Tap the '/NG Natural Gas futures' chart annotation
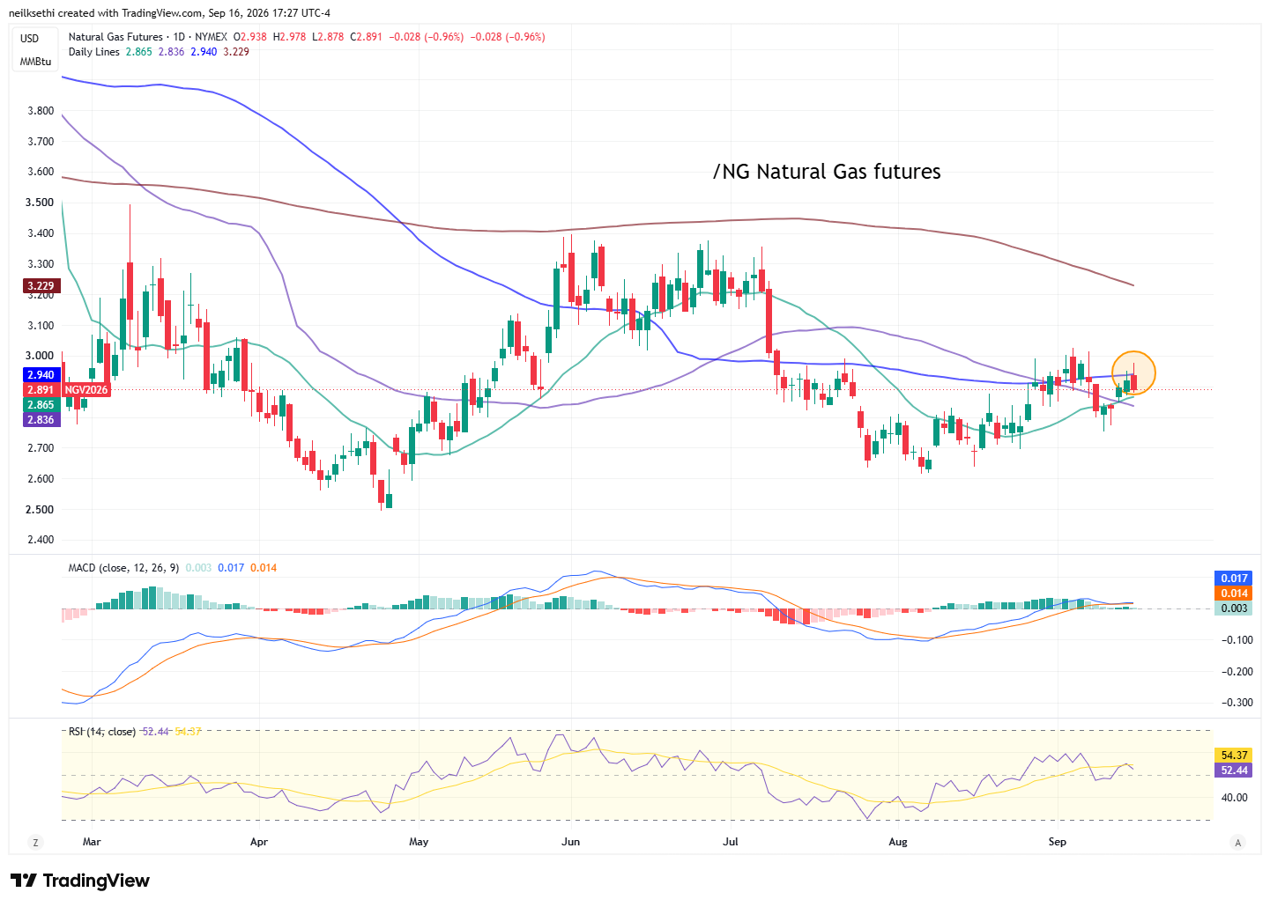point(826,172)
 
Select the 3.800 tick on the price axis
point(41,111)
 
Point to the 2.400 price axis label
point(41,540)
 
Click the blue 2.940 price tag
point(41,375)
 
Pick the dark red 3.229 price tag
point(41,286)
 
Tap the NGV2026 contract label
point(86,390)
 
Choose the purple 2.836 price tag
point(41,420)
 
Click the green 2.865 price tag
point(41,405)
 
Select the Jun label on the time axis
point(570,842)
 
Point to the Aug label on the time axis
point(897,842)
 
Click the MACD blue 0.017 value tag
point(1233,579)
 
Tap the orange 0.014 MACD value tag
point(1233,594)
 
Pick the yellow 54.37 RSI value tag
point(1233,756)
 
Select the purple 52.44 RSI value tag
point(1233,771)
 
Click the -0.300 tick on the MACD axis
point(1237,703)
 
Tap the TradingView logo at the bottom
point(80,881)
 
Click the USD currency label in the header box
point(29,39)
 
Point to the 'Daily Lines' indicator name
point(94,52)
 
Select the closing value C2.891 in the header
point(366,37)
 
